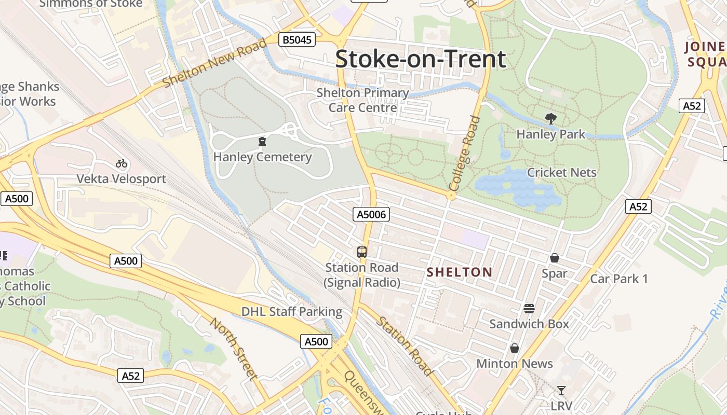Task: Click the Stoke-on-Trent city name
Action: coord(420,59)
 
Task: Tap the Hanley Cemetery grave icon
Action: coord(262,142)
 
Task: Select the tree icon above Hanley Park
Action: coord(550,119)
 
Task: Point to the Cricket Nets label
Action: coord(561,172)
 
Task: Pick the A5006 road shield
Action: coord(371,214)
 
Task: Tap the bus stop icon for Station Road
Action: coord(362,252)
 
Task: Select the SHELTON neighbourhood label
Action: coord(459,272)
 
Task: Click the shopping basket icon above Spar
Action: coord(554,258)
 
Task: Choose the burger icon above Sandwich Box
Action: coord(529,309)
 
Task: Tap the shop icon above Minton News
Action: coord(514,348)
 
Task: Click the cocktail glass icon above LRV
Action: coord(561,391)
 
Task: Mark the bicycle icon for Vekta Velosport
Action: coord(122,163)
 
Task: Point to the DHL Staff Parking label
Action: coord(292,312)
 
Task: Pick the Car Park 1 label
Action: coord(619,279)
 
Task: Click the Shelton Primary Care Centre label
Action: coord(363,100)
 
